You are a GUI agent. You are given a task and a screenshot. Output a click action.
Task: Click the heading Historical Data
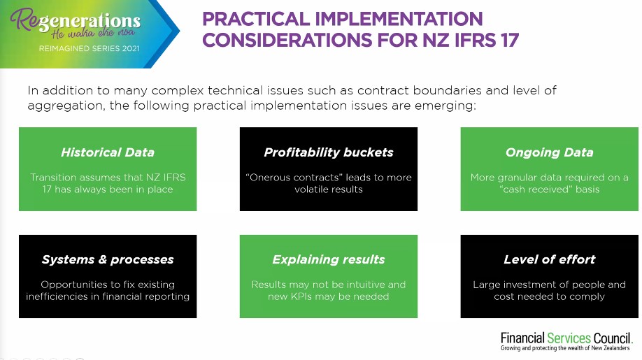point(108,152)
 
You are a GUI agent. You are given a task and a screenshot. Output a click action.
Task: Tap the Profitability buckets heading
point(329,152)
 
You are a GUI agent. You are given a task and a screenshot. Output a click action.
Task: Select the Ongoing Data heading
point(549,152)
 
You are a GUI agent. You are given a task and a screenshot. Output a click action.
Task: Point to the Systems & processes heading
point(108,259)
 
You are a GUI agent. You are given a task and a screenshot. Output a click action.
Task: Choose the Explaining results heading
point(329,259)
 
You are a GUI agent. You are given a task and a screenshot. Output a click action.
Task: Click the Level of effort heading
point(549,259)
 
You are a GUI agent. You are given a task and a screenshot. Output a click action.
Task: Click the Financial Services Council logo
point(566,339)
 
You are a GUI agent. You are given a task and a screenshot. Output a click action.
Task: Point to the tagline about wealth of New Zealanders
point(566,348)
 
